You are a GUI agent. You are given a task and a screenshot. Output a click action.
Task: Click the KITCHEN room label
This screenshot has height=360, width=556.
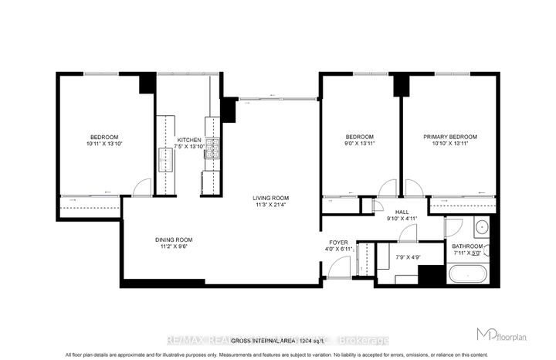coord(189,138)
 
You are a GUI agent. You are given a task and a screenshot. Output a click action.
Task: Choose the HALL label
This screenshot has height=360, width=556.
coord(402,211)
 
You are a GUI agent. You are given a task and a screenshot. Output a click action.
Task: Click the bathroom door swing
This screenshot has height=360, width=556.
coord(454,225)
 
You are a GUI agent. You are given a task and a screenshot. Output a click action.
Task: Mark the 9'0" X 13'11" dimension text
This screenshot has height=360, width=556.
coord(359,144)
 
